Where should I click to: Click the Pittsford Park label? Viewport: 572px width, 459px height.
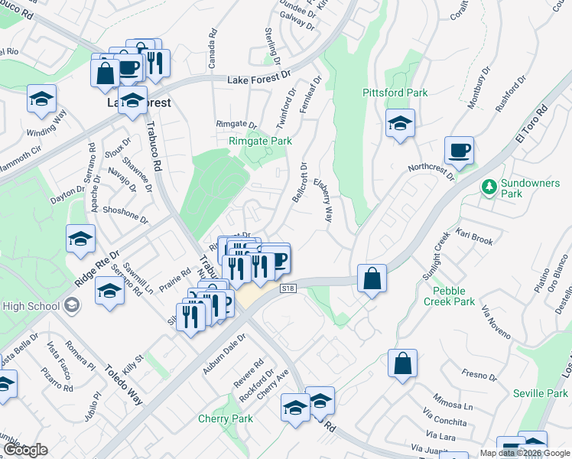tap(395, 93)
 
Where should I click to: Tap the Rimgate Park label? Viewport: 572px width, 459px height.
tap(260, 141)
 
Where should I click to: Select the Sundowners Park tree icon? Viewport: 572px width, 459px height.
tap(488, 187)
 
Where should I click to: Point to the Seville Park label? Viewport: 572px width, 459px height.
tap(541, 393)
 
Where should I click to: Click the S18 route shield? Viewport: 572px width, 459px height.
tap(288, 288)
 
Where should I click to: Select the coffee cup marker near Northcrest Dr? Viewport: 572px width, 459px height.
tap(459, 151)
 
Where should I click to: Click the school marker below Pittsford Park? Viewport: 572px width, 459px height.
tap(400, 124)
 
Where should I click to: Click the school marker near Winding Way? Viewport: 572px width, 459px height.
tap(41, 99)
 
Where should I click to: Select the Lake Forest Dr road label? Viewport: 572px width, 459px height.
tap(261, 78)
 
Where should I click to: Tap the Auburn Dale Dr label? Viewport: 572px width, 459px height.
tap(223, 348)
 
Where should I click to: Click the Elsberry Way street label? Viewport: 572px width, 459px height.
tap(323, 201)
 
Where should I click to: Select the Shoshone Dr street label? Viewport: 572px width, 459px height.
tap(125, 214)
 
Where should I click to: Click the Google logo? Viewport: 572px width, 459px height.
tap(25, 450)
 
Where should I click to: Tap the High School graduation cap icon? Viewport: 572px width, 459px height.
tap(71, 306)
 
